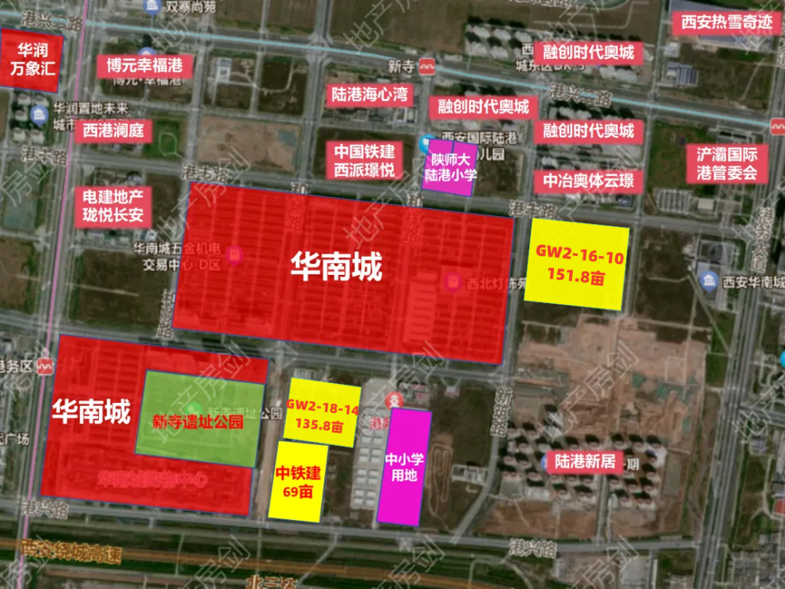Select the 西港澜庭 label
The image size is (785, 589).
click(114, 130)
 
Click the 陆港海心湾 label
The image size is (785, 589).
click(369, 95)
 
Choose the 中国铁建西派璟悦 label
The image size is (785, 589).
click(365, 160)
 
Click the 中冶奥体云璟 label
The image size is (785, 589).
click(588, 181)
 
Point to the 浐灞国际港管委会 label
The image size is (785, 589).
click(727, 163)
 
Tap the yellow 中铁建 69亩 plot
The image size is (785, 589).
click(297, 481)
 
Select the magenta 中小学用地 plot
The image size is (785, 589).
click(404, 466)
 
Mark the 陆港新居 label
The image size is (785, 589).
click(584, 460)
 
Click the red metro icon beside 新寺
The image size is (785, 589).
click(426, 67)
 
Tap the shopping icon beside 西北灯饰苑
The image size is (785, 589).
click(453, 282)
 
